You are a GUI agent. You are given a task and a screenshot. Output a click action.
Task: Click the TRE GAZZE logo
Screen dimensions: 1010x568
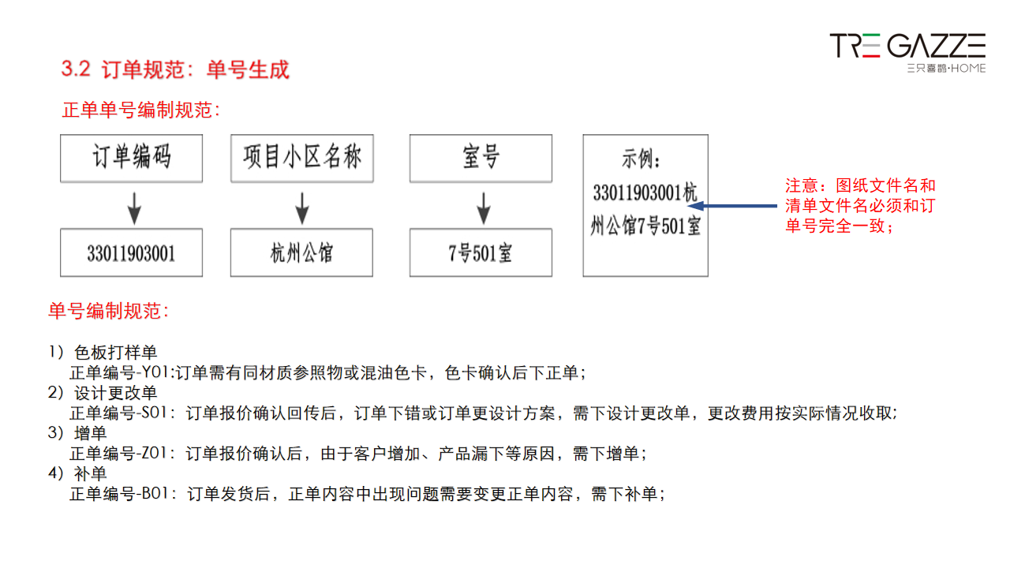[x=907, y=53]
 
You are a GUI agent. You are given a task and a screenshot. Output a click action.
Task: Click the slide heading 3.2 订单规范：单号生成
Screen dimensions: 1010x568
[x=175, y=69]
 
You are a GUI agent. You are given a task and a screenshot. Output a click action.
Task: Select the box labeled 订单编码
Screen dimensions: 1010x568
[x=131, y=159]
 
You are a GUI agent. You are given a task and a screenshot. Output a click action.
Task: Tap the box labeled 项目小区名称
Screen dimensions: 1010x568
[x=301, y=159]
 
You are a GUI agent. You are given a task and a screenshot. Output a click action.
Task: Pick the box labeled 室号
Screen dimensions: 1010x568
[x=481, y=159]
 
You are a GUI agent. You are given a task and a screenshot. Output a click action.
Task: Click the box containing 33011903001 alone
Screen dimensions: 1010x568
[x=131, y=252]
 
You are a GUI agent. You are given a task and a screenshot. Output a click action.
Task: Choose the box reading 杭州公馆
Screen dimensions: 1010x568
[x=301, y=252]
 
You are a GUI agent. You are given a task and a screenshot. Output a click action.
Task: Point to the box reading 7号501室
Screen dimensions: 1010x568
[x=481, y=252]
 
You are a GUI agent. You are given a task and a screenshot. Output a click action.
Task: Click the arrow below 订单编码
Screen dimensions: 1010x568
[x=134, y=208]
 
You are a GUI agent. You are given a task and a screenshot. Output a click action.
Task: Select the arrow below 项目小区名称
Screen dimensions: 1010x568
[x=302, y=208]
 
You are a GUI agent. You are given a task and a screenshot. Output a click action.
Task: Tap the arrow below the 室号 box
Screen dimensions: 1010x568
[x=484, y=208]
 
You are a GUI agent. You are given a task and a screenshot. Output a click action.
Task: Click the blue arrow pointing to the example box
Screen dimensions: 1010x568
[x=732, y=206]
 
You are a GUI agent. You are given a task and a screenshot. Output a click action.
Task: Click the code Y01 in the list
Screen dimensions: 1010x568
[x=155, y=373]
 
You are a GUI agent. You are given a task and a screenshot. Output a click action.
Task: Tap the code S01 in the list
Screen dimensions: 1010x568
[x=154, y=413]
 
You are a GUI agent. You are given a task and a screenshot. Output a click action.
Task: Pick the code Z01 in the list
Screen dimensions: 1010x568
[x=154, y=453]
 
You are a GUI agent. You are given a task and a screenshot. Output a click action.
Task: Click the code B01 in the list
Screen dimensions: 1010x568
[x=155, y=494]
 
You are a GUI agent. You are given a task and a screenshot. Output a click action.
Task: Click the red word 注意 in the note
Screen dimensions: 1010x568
[x=802, y=185]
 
